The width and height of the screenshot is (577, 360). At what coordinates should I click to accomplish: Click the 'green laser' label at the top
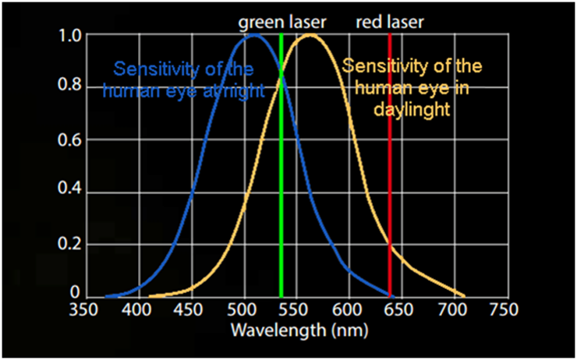(x=281, y=22)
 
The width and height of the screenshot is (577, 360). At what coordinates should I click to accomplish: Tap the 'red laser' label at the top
(x=390, y=22)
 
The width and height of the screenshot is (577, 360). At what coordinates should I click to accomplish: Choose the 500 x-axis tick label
(x=243, y=310)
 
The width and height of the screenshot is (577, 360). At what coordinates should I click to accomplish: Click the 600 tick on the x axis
(x=348, y=310)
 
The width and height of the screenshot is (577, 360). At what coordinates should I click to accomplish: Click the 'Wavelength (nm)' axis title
(x=299, y=330)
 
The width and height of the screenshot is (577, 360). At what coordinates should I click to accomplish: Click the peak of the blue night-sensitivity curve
(x=253, y=35)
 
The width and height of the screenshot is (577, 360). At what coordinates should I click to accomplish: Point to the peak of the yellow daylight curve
(x=310, y=35)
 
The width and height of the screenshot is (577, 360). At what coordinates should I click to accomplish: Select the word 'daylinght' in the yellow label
(x=412, y=110)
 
